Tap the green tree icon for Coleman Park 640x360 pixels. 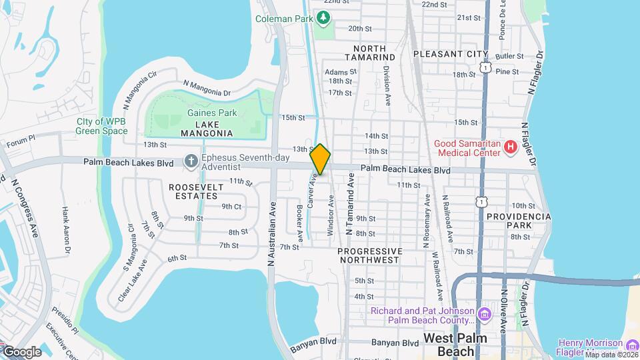(323, 17)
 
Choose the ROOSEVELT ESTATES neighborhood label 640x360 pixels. (196, 192)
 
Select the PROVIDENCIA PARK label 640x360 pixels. (519, 221)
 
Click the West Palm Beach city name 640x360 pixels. (457, 345)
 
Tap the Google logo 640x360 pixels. (21, 351)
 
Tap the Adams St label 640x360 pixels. (337, 71)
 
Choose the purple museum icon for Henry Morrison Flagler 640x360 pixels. (632, 344)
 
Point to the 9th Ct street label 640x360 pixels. (231, 206)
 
